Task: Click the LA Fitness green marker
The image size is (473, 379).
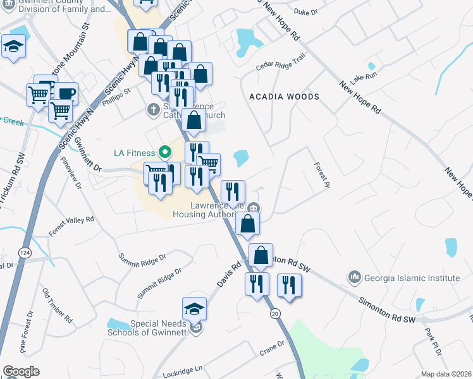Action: click(x=166, y=152)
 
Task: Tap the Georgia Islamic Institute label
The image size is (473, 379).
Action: click(x=412, y=278)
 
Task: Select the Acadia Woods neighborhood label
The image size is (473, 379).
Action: click(x=284, y=97)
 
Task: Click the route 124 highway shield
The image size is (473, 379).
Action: click(x=25, y=253)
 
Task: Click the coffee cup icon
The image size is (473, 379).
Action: click(x=66, y=93)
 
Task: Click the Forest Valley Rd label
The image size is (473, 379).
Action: click(x=71, y=227)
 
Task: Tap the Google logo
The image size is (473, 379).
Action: click(x=21, y=371)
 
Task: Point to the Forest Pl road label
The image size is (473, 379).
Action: click(x=322, y=174)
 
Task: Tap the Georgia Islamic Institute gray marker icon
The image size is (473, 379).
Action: click(x=353, y=277)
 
